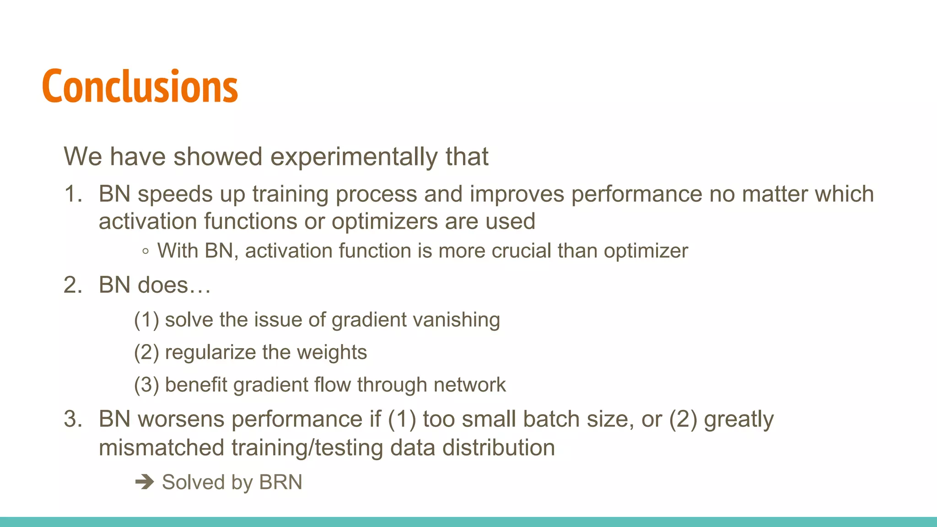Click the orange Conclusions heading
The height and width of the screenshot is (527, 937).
click(140, 86)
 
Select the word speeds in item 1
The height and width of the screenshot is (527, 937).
click(175, 194)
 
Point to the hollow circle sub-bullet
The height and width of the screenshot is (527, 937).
click(145, 251)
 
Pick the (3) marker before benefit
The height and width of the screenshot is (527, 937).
click(146, 385)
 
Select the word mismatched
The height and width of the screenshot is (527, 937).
click(161, 447)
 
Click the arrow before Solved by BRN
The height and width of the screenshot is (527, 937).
click(145, 482)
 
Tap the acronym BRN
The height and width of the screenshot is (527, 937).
click(280, 482)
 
